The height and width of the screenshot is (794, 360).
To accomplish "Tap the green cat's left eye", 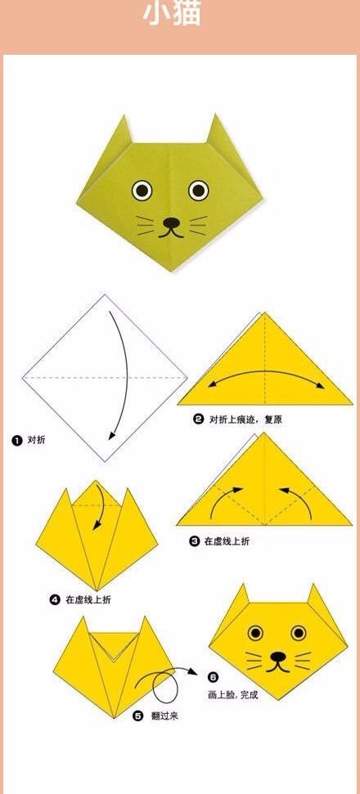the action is (142, 190).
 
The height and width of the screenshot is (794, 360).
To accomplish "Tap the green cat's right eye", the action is (199, 190).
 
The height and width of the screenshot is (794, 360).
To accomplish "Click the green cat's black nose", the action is (171, 222).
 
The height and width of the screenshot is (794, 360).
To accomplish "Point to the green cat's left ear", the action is (122, 132).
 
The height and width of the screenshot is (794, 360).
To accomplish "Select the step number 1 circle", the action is (16, 441).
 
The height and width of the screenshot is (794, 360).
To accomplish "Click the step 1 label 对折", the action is (36, 440).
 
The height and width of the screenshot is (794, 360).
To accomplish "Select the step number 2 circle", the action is (199, 419).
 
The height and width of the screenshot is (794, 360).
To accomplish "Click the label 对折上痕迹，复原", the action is (245, 419).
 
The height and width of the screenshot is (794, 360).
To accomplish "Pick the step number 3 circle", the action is (195, 541).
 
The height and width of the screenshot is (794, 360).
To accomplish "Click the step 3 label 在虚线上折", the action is (227, 541).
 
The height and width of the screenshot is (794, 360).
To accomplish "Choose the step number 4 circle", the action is (55, 599).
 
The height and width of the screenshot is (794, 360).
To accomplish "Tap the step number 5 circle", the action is (138, 715).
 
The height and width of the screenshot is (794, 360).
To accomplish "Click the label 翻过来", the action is (164, 716).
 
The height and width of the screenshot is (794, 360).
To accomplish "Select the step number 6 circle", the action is (214, 677).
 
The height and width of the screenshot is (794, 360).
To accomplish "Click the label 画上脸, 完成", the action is (233, 695).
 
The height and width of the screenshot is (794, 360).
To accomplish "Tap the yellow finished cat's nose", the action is (277, 657).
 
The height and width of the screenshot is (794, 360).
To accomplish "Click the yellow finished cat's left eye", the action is (256, 632).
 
